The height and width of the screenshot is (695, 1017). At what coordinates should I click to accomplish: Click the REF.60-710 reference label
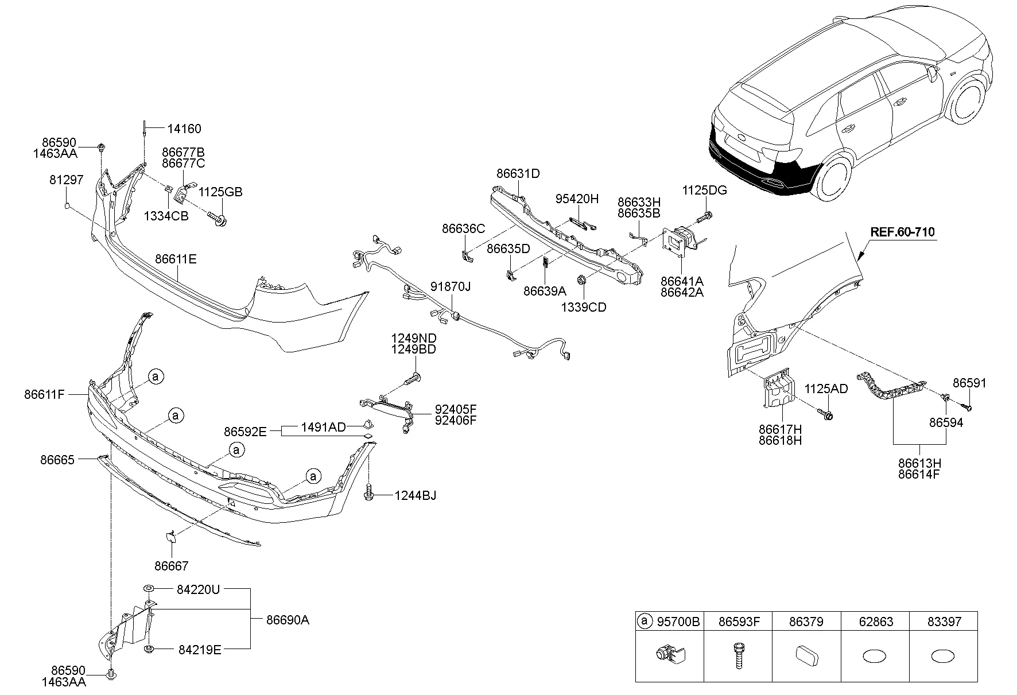902,232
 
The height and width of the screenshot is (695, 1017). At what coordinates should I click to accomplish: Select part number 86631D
518,173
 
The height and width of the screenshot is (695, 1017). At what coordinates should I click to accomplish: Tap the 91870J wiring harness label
451,286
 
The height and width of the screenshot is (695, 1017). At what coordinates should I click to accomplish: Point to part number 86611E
176,259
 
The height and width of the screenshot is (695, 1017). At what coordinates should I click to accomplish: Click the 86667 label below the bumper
171,566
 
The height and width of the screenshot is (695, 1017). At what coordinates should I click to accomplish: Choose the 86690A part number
288,620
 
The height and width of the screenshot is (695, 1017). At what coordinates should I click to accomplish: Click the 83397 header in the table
944,622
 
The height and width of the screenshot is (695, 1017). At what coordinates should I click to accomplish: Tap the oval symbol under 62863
875,656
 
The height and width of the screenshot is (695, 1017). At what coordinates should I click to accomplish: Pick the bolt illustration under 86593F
738,655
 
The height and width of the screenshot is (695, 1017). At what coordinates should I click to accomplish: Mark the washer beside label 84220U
148,589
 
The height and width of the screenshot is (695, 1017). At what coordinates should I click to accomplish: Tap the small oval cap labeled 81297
67,205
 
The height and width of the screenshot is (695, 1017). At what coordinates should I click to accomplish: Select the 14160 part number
184,129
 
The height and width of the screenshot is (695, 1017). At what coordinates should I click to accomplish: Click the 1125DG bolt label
704,191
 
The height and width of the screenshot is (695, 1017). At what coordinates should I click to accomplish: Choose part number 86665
57,460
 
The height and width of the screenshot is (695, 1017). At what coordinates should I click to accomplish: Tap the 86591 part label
969,383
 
